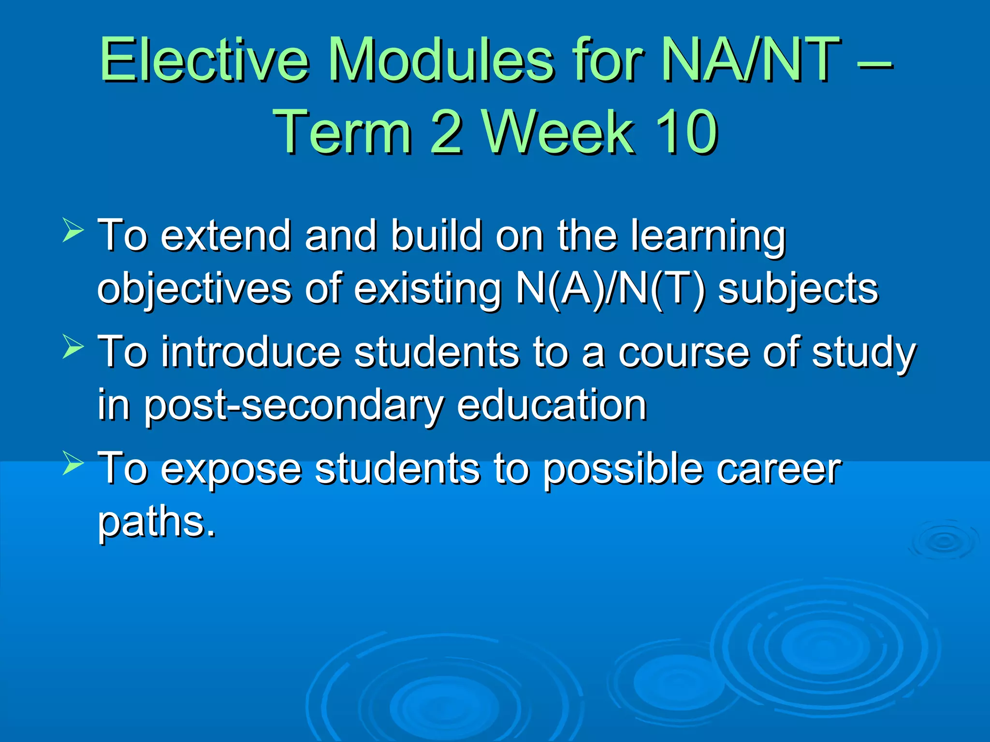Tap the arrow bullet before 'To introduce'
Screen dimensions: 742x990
[x=73, y=346]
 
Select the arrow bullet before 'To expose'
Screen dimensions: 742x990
[x=73, y=463]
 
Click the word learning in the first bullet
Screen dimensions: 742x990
[x=708, y=237]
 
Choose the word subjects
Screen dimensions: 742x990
[x=798, y=289]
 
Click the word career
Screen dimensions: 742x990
[x=778, y=469]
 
